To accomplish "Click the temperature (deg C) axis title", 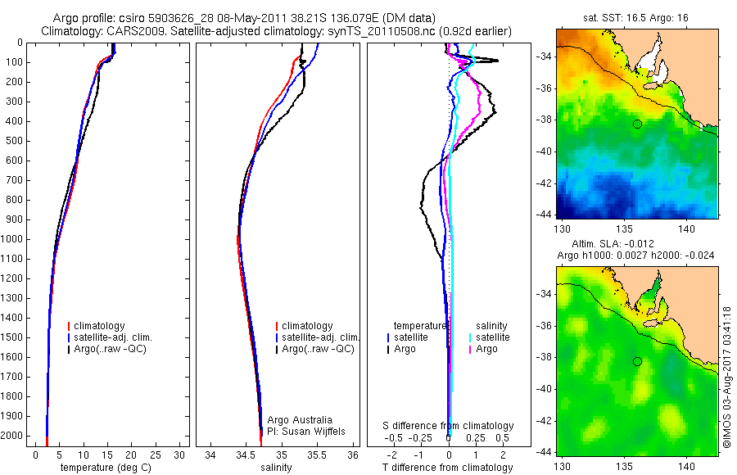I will (106, 468).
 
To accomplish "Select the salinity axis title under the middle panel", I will (278, 468).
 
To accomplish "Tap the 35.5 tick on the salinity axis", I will (317, 455).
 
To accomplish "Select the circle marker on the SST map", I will (637, 124).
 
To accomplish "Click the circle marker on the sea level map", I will (637, 361).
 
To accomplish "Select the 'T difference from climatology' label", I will (448, 468).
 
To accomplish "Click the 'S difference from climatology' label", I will (448, 426).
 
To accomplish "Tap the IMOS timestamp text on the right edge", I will (726, 377).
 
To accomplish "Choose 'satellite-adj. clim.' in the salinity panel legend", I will (319, 337).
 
